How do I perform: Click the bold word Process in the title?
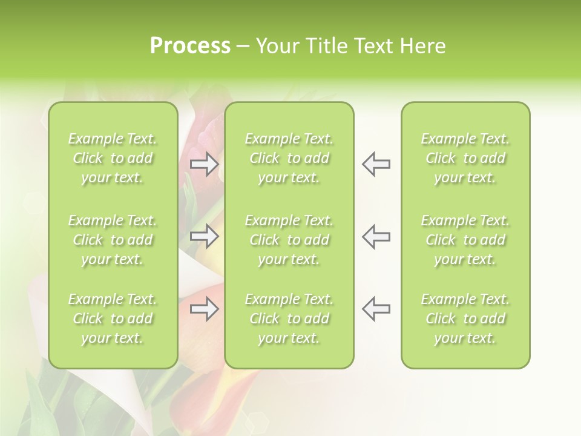click(x=190, y=46)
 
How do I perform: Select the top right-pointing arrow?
click(x=204, y=164)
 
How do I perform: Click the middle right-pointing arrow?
click(x=204, y=236)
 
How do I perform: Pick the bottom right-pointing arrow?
click(x=204, y=309)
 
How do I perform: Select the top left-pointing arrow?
click(x=376, y=164)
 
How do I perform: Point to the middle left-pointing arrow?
click(x=376, y=236)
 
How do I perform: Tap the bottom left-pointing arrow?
click(x=376, y=309)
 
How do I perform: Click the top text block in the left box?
click(x=113, y=158)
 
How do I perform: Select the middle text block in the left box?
click(x=113, y=240)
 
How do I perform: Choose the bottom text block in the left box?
click(x=113, y=319)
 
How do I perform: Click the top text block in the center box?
click(x=289, y=158)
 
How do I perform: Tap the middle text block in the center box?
click(x=289, y=240)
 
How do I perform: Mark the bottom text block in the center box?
click(x=289, y=319)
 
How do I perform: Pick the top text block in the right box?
click(x=465, y=158)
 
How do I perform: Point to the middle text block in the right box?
click(x=465, y=240)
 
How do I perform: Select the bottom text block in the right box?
click(x=465, y=319)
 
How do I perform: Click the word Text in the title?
click(x=373, y=46)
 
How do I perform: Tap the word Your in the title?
click(x=276, y=46)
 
